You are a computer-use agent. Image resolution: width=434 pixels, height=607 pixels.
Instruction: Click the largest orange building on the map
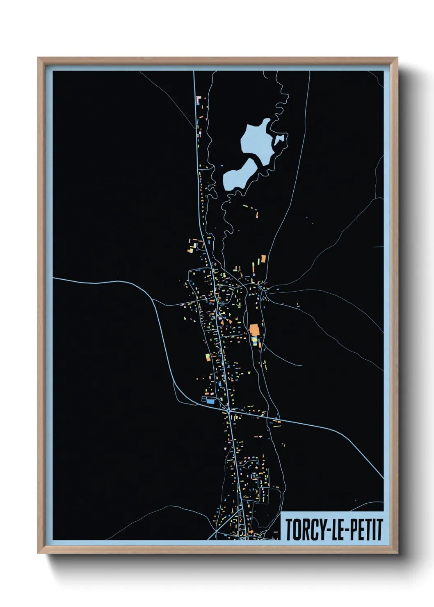(254, 329)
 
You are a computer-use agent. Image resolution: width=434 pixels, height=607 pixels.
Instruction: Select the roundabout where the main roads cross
(228, 410)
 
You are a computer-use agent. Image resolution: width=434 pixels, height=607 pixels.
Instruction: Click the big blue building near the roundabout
(210, 402)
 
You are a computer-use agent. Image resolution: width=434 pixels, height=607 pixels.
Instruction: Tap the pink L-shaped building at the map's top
(199, 99)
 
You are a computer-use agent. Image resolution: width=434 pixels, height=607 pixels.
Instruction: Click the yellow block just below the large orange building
(254, 340)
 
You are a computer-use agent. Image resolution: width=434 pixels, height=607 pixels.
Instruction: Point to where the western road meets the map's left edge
(54, 278)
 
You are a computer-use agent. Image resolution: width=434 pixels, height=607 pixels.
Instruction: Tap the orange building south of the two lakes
(263, 259)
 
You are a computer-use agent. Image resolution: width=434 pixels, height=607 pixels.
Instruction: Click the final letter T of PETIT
(379, 529)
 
